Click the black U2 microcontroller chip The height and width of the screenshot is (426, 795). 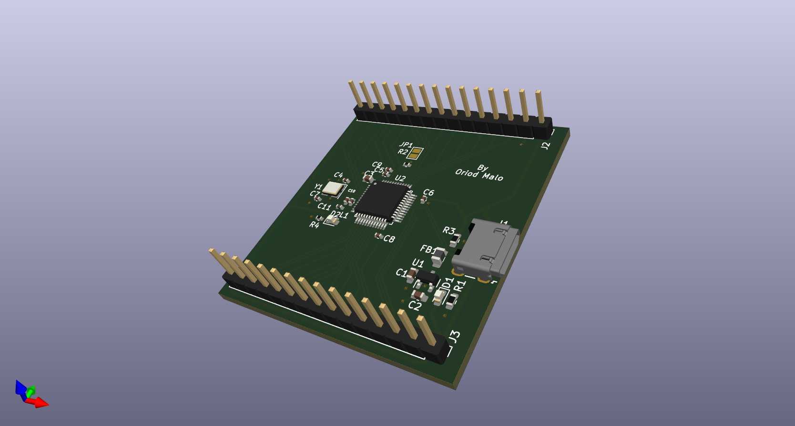coord(381,200)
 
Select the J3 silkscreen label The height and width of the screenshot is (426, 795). coord(455,337)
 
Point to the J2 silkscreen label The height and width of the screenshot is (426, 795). coord(546,146)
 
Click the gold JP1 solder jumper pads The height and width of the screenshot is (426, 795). coord(416,153)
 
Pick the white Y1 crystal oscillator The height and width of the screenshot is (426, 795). coord(332,189)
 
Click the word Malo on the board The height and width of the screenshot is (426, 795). coord(493,177)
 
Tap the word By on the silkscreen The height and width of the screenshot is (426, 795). coord(483,168)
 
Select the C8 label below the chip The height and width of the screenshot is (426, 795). coord(389,239)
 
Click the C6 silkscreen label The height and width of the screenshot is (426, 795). coord(428,192)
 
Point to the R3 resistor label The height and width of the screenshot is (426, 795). coord(449,230)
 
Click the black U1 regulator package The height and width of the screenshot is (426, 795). coord(427,277)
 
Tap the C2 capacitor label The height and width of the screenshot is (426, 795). coord(415,306)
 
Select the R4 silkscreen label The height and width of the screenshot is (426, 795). coord(314,225)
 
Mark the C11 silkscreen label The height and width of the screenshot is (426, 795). coord(324,207)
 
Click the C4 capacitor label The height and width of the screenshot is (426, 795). coord(338,175)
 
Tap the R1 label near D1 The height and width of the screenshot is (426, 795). coord(459,286)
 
